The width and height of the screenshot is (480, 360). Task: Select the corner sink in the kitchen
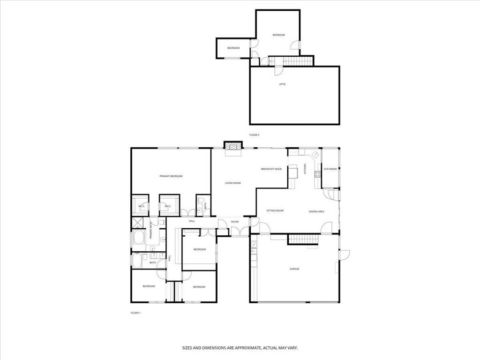315,154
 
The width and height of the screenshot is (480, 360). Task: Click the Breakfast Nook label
271,169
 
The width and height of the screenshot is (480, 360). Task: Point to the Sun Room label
330,169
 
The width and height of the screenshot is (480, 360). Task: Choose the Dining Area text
316,211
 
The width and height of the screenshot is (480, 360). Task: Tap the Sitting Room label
275,210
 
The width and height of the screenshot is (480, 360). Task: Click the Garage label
294,269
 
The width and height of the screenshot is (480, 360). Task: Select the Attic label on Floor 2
282,84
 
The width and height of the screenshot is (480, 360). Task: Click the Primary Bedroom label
171,176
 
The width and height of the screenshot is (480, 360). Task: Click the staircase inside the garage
303,240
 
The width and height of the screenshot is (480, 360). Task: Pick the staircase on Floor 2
291,61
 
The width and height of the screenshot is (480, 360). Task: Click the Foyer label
235,222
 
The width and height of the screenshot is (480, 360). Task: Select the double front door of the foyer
240,231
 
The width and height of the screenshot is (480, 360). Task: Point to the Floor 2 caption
254,135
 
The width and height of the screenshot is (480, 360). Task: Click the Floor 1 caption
135,312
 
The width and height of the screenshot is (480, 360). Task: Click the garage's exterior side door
345,255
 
